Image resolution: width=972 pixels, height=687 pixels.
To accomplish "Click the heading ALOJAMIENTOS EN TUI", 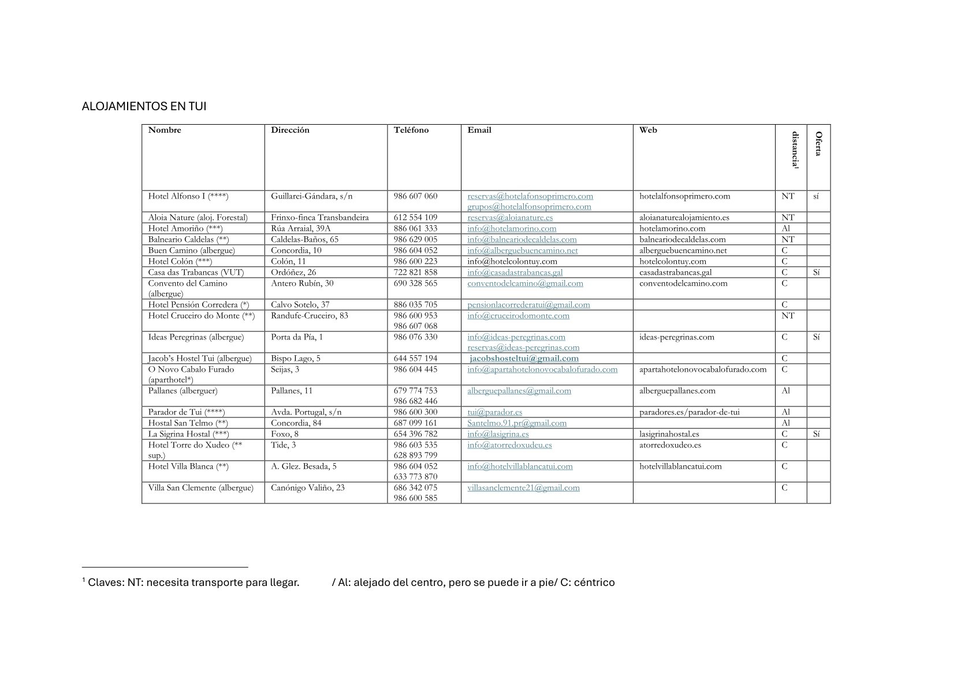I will click(144, 107).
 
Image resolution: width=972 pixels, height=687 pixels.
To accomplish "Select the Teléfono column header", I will click(411, 130).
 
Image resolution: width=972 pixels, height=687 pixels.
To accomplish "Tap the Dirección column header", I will click(290, 130).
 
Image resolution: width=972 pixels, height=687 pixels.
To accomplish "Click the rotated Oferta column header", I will click(818, 144).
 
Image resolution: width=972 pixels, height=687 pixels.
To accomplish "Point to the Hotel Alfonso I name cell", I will click(188, 196).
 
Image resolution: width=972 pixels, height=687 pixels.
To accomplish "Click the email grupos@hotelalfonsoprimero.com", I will click(529, 207).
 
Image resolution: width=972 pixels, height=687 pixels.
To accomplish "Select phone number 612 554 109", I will click(415, 218).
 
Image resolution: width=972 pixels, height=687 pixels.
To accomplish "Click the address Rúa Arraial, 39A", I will click(300, 229).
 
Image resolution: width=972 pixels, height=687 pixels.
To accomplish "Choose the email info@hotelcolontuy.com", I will click(512, 262).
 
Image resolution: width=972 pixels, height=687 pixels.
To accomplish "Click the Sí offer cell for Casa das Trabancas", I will click(817, 272).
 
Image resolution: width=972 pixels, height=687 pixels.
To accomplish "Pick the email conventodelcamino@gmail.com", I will click(525, 283).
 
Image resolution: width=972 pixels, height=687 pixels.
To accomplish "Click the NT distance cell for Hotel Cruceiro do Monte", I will click(788, 316).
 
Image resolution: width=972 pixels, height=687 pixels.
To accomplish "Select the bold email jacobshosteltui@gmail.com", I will click(524, 359).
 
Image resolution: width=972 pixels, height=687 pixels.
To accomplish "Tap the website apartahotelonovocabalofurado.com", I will click(703, 369).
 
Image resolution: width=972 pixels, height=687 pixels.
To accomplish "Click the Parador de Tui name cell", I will click(186, 412).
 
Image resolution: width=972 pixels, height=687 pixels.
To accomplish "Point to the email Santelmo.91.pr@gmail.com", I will click(517, 423).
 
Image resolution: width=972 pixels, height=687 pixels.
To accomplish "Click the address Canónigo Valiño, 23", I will click(307, 488).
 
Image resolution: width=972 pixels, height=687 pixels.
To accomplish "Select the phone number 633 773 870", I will click(415, 477).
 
